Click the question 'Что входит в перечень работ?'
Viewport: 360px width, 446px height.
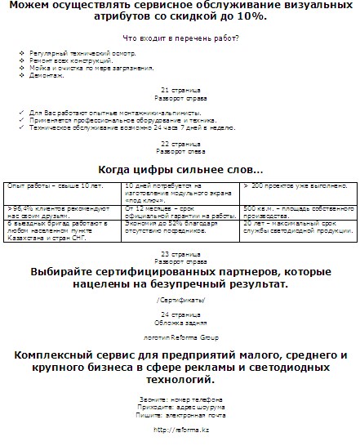pos(179,38)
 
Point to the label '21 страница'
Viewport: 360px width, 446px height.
pos(179,89)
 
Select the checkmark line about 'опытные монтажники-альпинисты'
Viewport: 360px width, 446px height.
pos(115,114)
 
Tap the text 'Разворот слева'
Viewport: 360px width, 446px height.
pos(179,151)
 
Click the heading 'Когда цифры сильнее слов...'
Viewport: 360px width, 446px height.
pos(180,170)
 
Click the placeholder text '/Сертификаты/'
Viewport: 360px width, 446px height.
pos(179,301)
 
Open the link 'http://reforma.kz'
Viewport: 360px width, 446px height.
pos(179,429)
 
